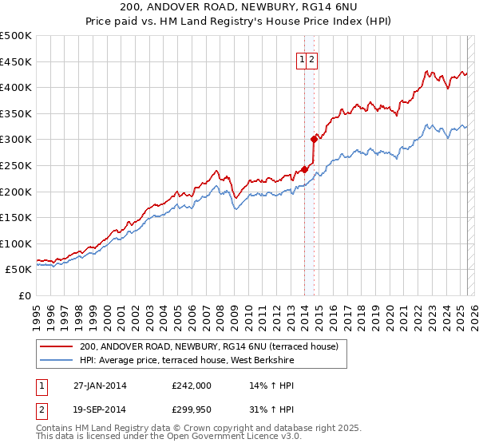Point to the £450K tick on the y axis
[17, 61]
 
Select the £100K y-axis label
[17, 243]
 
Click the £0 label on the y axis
[24, 295]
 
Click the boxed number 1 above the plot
[303, 58]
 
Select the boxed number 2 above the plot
[313, 58]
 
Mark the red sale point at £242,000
[305, 169]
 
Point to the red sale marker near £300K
[314, 139]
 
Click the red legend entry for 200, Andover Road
[209, 346]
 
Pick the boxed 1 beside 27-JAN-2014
[42, 386]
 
